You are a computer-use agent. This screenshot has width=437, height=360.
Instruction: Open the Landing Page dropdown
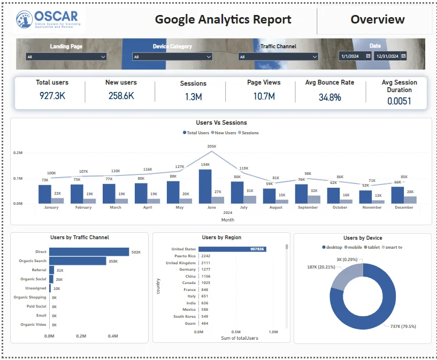tap(66, 57)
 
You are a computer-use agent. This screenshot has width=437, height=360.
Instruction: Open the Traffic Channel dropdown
tap(278, 57)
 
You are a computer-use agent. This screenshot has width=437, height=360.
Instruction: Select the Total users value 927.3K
tap(52, 96)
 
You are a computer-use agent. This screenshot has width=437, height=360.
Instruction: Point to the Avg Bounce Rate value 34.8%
tap(329, 97)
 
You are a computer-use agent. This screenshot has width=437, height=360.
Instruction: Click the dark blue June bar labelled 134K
tap(205, 186)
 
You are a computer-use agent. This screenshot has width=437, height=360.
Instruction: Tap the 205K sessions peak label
tap(211, 146)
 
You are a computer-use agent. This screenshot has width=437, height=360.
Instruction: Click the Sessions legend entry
tap(249, 133)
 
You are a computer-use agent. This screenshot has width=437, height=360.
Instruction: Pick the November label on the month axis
tap(372, 208)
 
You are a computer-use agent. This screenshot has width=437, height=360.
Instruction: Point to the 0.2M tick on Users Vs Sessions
tap(18, 152)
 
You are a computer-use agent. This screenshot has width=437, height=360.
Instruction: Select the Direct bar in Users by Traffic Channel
tap(89, 251)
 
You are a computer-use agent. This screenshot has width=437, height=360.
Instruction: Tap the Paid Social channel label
tap(36, 307)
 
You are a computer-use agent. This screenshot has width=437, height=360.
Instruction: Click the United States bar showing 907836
tap(232, 249)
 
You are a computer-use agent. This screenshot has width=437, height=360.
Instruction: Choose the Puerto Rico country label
tap(184, 256)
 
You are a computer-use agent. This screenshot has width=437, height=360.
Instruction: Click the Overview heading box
tap(377, 20)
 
